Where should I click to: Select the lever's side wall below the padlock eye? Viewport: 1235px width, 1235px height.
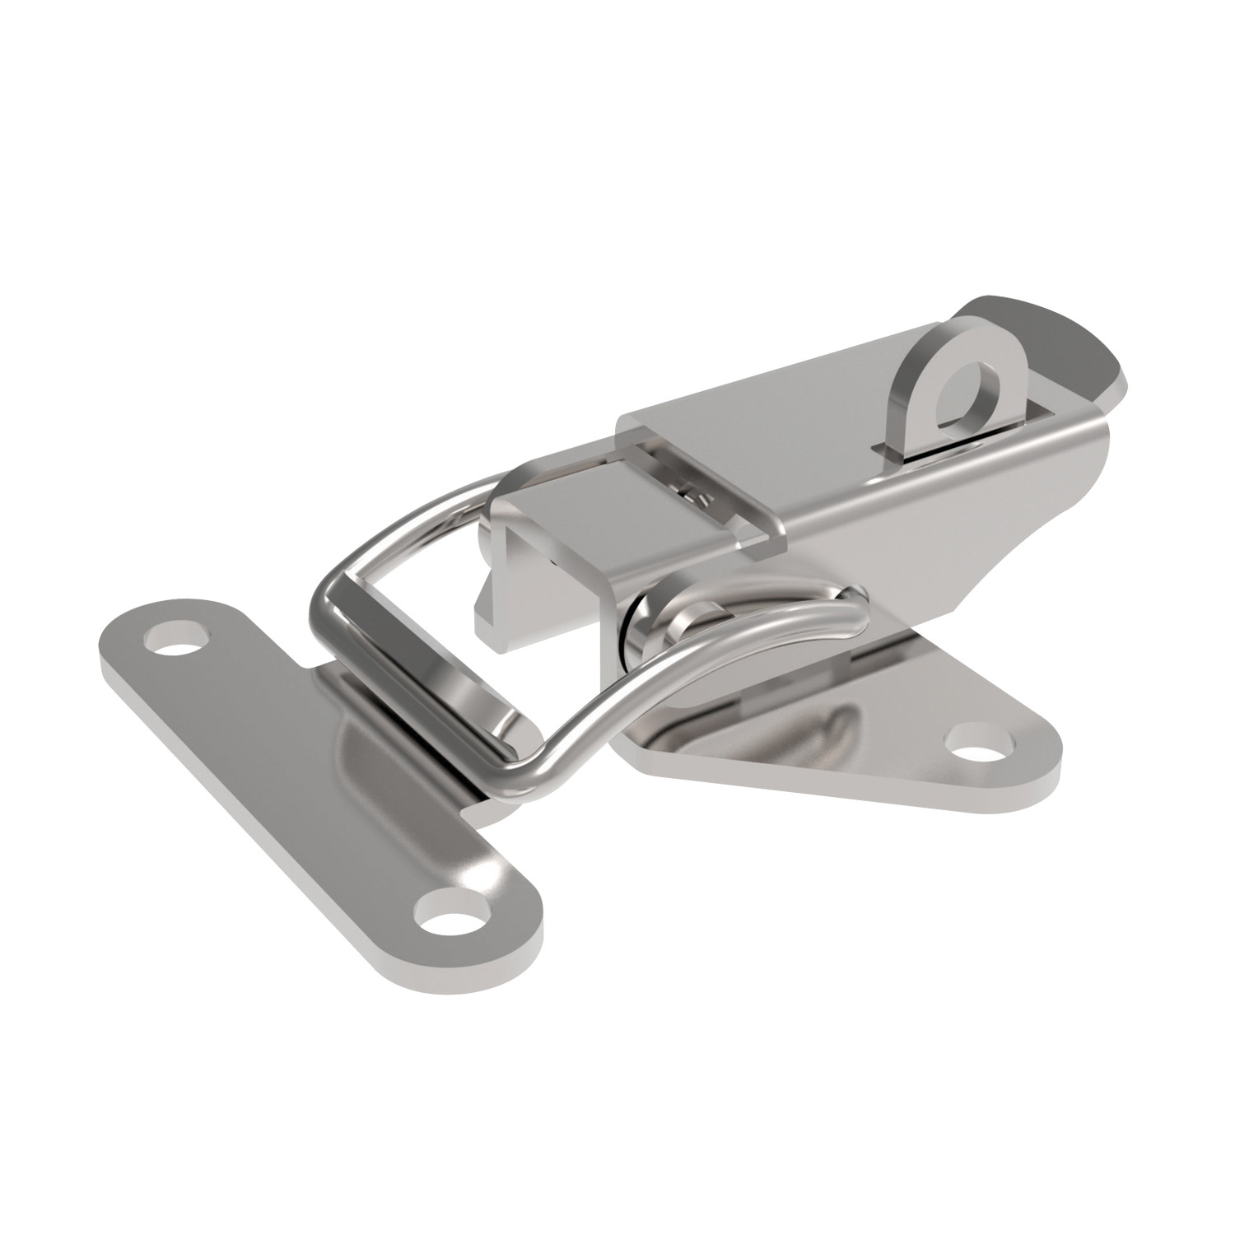[x=947, y=510]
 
